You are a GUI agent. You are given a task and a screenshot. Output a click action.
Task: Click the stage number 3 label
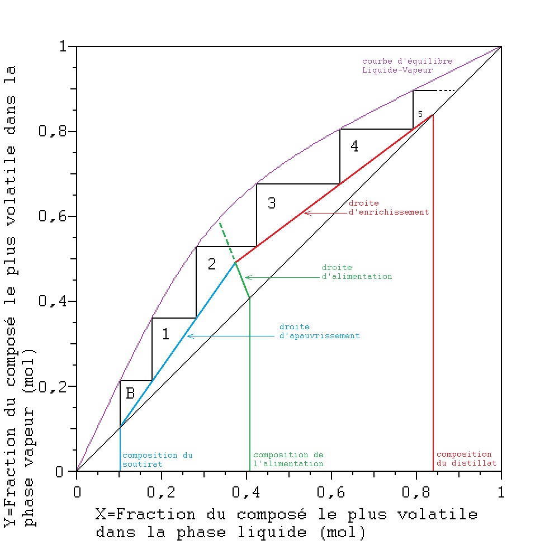click(x=272, y=203)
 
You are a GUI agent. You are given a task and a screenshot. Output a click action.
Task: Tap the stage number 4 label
click(x=354, y=146)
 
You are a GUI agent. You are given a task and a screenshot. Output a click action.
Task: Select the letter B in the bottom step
click(x=130, y=394)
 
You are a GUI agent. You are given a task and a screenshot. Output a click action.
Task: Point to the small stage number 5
click(x=420, y=114)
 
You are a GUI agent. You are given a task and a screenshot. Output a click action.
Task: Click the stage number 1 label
click(x=165, y=334)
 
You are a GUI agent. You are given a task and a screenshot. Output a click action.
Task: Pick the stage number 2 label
click(x=211, y=264)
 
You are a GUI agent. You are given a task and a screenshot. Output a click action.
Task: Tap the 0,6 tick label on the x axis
click(x=331, y=493)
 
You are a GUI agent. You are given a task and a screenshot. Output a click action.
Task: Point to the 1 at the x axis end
click(x=501, y=493)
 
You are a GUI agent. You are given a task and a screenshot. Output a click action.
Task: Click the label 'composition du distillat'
click(x=465, y=459)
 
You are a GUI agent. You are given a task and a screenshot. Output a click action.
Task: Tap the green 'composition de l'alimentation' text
click(x=288, y=459)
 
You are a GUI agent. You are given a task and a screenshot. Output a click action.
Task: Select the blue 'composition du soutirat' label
click(x=157, y=459)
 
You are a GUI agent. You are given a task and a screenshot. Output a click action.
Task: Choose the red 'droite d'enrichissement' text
click(x=388, y=207)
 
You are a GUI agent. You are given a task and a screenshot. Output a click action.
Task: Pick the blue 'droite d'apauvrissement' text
click(x=319, y=331)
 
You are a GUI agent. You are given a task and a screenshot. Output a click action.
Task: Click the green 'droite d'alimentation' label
click(x=357, y=272)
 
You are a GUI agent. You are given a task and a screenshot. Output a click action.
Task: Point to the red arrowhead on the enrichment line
click(x=306, y=212)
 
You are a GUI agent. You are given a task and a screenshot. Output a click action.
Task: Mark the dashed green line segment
click(x=226, y=241)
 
